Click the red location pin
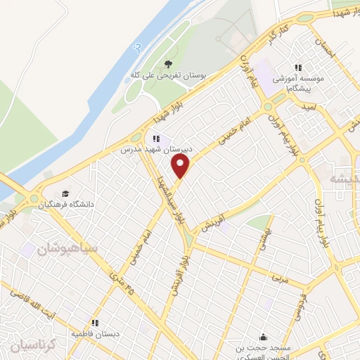pos(181,167)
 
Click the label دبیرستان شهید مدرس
pos(147,150)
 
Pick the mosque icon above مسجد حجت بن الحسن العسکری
pos(264,336)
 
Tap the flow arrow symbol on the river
pos(137,47)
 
